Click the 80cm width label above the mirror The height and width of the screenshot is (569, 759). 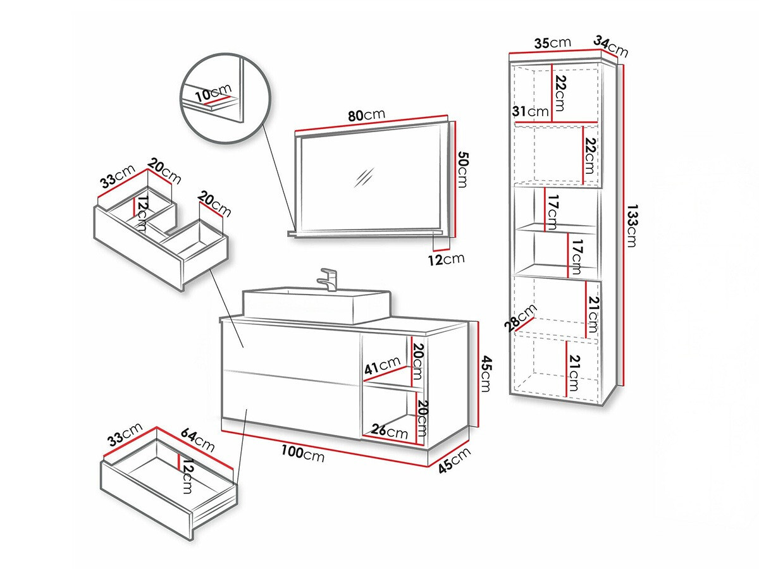pyautogui.click(x=366, y=115)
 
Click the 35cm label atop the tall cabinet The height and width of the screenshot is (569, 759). pyautogui.click(x=550, y=44)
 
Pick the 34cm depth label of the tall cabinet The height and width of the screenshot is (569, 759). pyautogui.click(x=610, y=46)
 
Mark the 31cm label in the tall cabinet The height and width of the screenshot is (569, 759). pyautogui.click(x=530, y=111)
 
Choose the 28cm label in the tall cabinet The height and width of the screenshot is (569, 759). pyautogui.click(x=525, y=317)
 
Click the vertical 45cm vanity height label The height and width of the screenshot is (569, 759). pyautogui.click(x=485, y=373)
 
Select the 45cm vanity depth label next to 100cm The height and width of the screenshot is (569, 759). pyautogui.click(x=455, y=461)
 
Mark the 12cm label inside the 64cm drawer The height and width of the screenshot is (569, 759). pyautogui.click(x=187, y=475)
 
